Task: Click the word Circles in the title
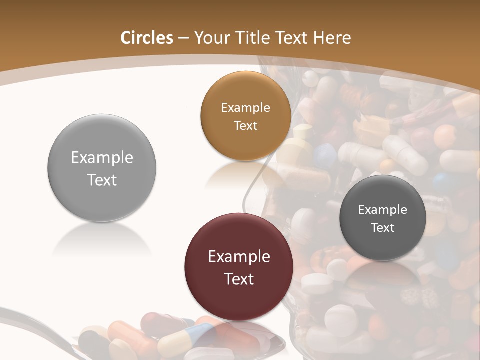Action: click(x=147, y=38)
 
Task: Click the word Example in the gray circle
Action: click(x=102, y=158)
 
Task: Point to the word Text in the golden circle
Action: click(x=246, y=126)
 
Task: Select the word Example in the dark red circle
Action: click(x=239, y=257)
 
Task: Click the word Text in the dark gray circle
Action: click(x=383, y=228)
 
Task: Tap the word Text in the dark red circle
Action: click(x=239, y=279)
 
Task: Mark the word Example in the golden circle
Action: click(x=246, y=108)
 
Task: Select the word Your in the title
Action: click(x=210, y=38)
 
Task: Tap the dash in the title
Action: click(x=183, y=38)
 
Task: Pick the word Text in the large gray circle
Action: click(x=102, y=180)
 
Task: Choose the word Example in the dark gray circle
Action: click(x=383, y=210)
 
